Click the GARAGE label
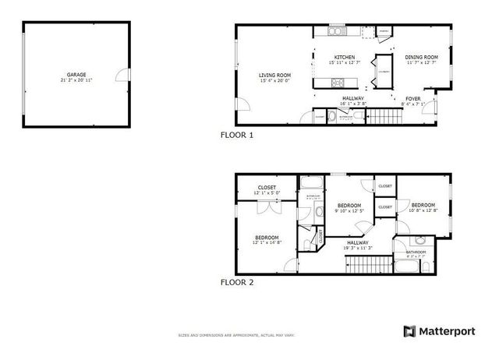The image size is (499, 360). pos(76,76)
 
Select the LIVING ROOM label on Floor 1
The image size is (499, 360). pos(274,76)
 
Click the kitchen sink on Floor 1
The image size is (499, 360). pos(337,32)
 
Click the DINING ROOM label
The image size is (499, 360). pos(421,57)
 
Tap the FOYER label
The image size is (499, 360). pos(412,99)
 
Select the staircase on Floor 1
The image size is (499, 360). pos(384,118)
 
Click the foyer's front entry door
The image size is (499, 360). pos(435,108)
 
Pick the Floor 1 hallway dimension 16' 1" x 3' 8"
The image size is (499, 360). pos(353,103)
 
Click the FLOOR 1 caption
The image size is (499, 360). pos(237,135)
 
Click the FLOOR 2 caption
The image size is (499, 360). pos(237,282)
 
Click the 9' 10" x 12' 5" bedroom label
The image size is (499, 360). pos(349,209)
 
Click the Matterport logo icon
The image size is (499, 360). pos(409,331)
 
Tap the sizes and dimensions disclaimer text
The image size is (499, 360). pos(225,336)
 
